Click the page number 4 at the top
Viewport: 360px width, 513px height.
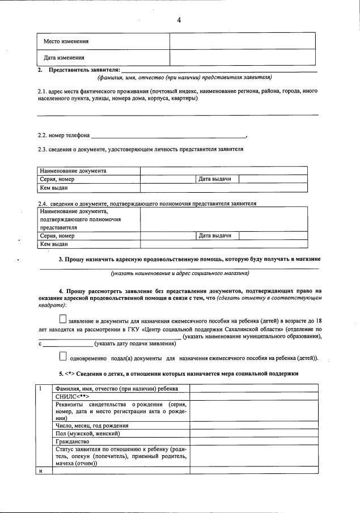tap(179, 20)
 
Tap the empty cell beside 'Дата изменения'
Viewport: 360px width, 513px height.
tap(244, 58)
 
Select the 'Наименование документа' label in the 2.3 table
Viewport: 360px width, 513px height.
tap(73, 171)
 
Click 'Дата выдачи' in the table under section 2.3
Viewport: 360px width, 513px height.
tap(215, 179)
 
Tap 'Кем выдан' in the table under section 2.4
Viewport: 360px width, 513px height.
tap(54, 244)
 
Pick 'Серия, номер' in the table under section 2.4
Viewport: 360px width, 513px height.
tap(57, 236)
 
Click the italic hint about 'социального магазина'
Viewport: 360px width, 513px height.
tap(180, 273)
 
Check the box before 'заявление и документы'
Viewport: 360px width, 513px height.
tap(62, 319)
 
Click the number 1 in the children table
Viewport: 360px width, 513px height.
tap(41, 388)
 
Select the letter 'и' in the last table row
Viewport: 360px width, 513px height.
tap(41, 470)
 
